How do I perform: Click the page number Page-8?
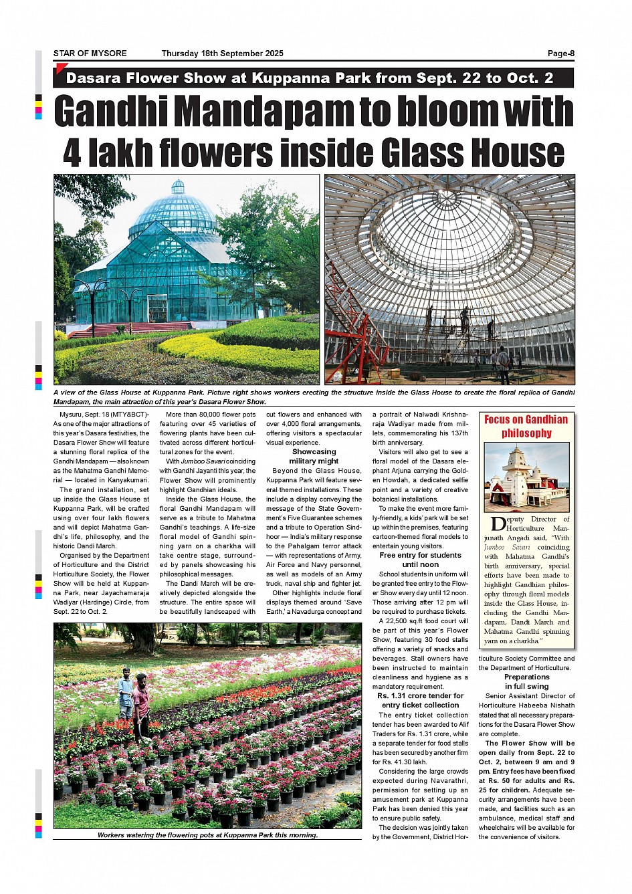tap(560, 53)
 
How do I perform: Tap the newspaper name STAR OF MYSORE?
tap(90, 53)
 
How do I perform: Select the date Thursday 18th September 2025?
tap(222, 53)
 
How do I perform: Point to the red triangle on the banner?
tap(60, 68)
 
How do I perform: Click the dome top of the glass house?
tap(177, 188)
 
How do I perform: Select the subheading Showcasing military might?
tap(314, 456)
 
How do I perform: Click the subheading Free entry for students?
tap(420, 560)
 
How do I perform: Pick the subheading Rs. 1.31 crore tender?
tap(420, 700)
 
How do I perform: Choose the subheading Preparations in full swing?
tap(526, 681)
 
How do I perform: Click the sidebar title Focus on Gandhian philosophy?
tap(526, 426)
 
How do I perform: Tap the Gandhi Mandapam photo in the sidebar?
tap(526, 477)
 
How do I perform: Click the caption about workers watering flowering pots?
tap(207, 834)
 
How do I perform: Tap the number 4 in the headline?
tap(72, 153)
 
